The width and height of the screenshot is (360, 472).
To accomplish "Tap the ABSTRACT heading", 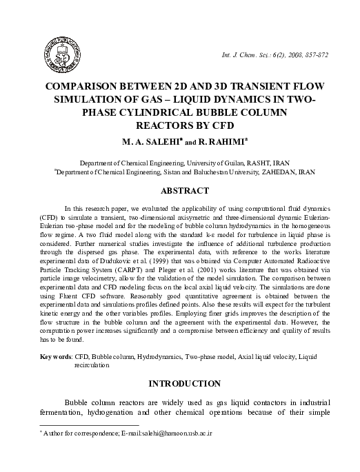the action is (181, 190).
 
